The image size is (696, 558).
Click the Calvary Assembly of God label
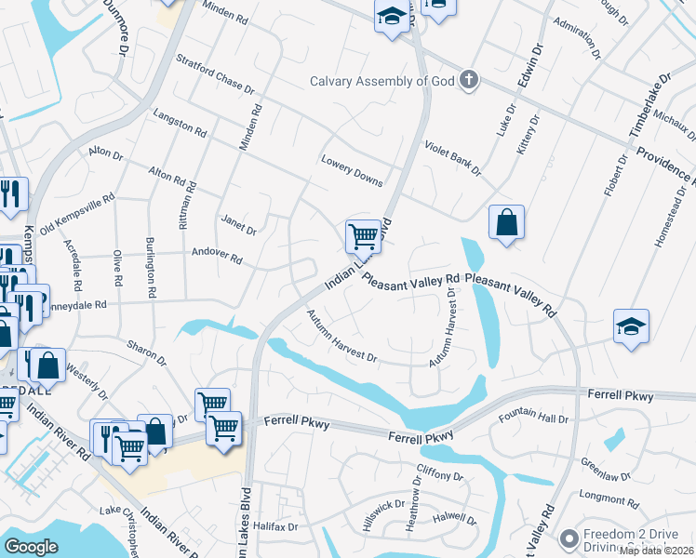(382, 80)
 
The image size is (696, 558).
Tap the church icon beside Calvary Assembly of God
(469, 80)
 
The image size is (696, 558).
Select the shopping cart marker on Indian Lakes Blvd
(362, 236)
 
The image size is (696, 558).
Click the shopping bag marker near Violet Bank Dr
(505, 224)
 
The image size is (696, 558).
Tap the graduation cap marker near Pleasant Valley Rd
(631, 328)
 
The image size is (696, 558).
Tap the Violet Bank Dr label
(452, 158)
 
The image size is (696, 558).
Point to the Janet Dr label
(238, 224)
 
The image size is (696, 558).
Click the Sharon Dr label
(148, 353)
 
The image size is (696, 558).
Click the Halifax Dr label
(275, 526)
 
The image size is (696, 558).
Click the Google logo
(31, 547)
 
